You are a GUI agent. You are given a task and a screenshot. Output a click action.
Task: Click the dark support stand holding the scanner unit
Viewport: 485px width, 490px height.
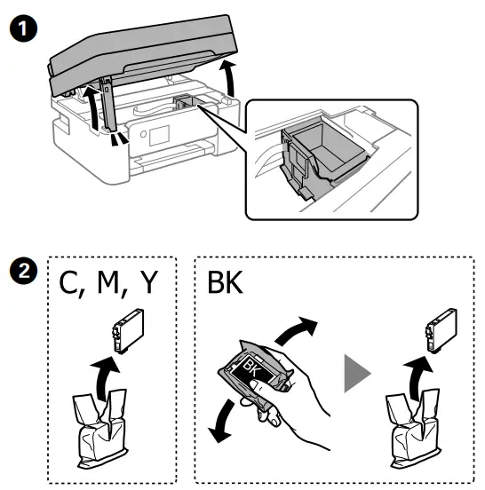[x=111, y=111]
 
